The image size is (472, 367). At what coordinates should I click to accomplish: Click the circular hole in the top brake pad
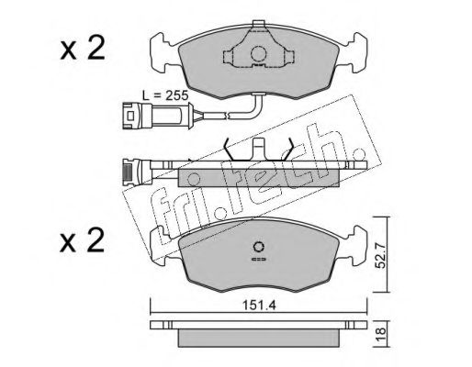click(258, 54)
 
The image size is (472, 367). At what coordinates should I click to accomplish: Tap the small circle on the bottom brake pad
click(258, 246)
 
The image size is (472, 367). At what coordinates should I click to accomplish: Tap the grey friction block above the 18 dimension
click(258, 338)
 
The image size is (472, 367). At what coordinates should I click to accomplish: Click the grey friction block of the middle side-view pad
click(258, 179)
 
